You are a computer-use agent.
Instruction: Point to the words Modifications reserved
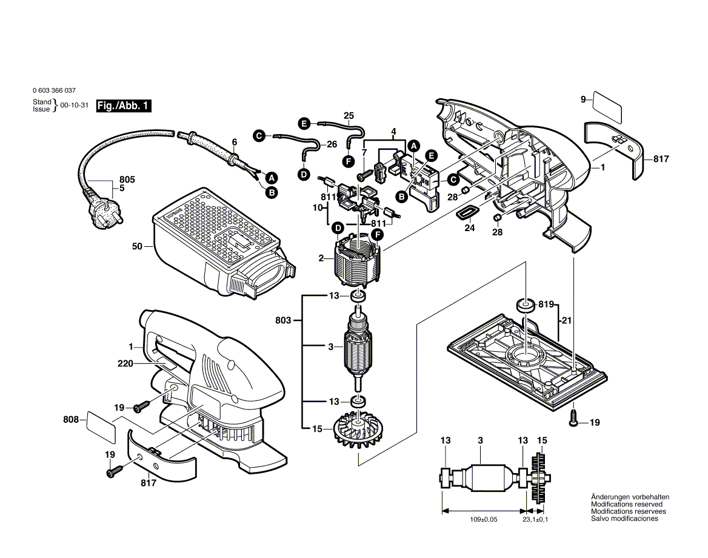click(626, 505)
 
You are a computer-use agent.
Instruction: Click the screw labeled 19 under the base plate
click(573, 418)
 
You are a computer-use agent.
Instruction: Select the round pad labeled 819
click(524, 305)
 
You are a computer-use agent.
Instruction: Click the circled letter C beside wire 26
click(258, 136)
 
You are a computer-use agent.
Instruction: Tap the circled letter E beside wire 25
click(304, 123)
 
